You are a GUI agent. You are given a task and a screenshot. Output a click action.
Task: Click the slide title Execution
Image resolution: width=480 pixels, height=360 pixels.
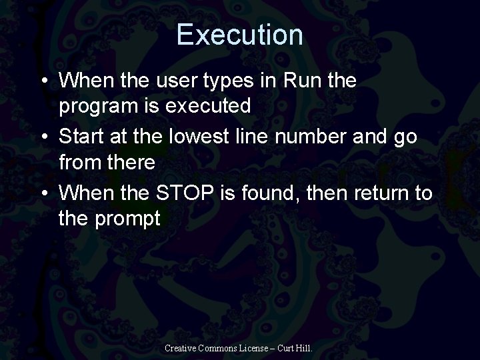(240, 35)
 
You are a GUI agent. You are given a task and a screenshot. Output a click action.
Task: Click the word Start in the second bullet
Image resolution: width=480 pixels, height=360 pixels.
(81, 137)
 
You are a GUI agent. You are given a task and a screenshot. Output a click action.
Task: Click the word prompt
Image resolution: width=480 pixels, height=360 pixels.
(127, 218)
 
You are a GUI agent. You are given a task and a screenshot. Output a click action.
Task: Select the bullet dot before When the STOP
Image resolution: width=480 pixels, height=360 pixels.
(43, 195)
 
